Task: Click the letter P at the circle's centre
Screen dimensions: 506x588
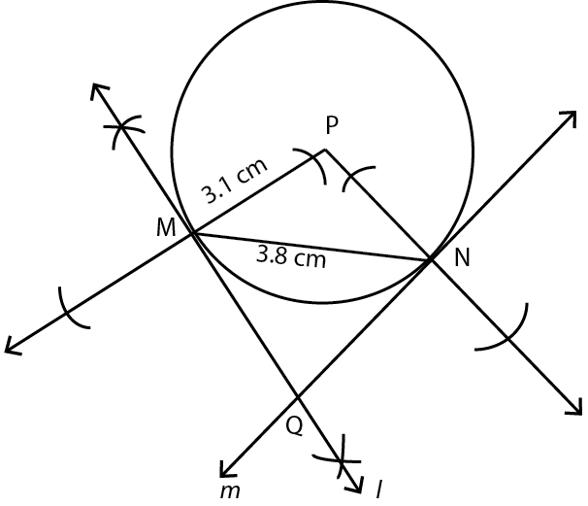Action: [332, 124]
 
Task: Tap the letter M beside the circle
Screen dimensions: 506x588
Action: [165, 228]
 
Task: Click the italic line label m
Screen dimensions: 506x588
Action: [230, 490]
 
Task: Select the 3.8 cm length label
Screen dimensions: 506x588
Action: [291, 258]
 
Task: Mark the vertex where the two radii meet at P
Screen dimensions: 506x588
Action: [323, 150]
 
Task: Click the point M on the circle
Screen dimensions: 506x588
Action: [192, 233]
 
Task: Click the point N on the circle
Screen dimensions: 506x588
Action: [431, 259]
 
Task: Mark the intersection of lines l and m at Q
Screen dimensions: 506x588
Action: [298, 397]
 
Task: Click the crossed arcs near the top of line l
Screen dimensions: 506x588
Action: [123, 127]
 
